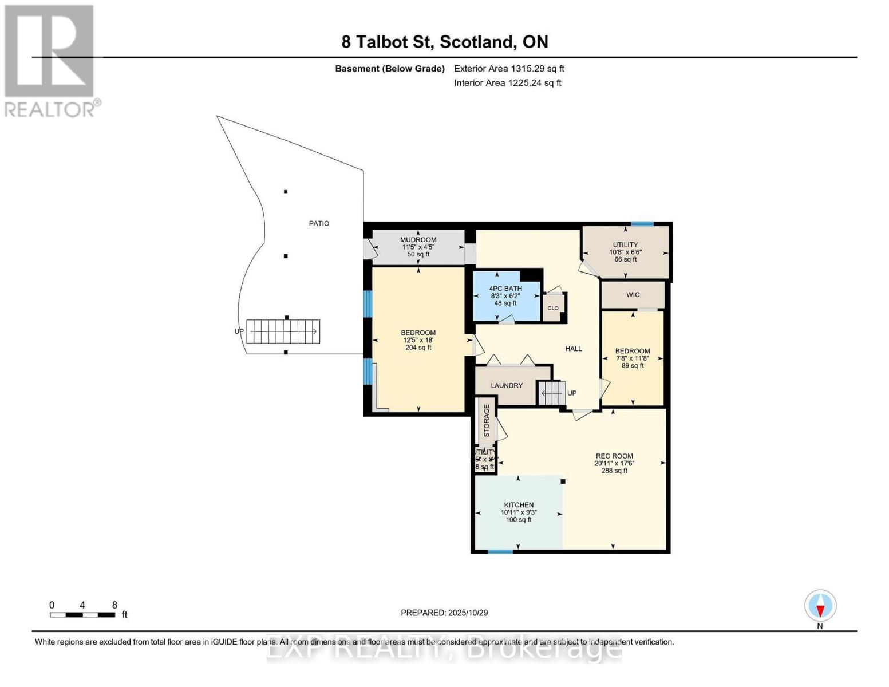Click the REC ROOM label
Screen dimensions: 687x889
[x=614, y=456]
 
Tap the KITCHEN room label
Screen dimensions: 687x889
[x=519, y=505]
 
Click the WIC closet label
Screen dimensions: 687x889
[x=633, y=295]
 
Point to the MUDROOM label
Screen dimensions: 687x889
[x=418, y=240]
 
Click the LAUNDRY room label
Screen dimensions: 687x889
[x=507, y=385]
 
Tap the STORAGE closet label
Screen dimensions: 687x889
[x=487, y=421]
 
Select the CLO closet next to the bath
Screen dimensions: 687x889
[x=553, y=308]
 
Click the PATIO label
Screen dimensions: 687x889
[x=319, y=223]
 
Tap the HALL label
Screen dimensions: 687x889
[x=573, y=348]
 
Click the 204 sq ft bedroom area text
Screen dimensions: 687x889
[x=418, y=348]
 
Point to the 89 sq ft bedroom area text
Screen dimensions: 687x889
[x=633, y=365]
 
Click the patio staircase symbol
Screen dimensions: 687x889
[x=283, y=331]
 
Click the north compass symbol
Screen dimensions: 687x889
[x=820, y=606]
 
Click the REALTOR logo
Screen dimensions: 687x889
[x=50, y=60]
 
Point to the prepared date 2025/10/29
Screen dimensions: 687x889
[x=444, y=613]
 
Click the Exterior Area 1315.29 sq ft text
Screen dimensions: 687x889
[x=509, y=69]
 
